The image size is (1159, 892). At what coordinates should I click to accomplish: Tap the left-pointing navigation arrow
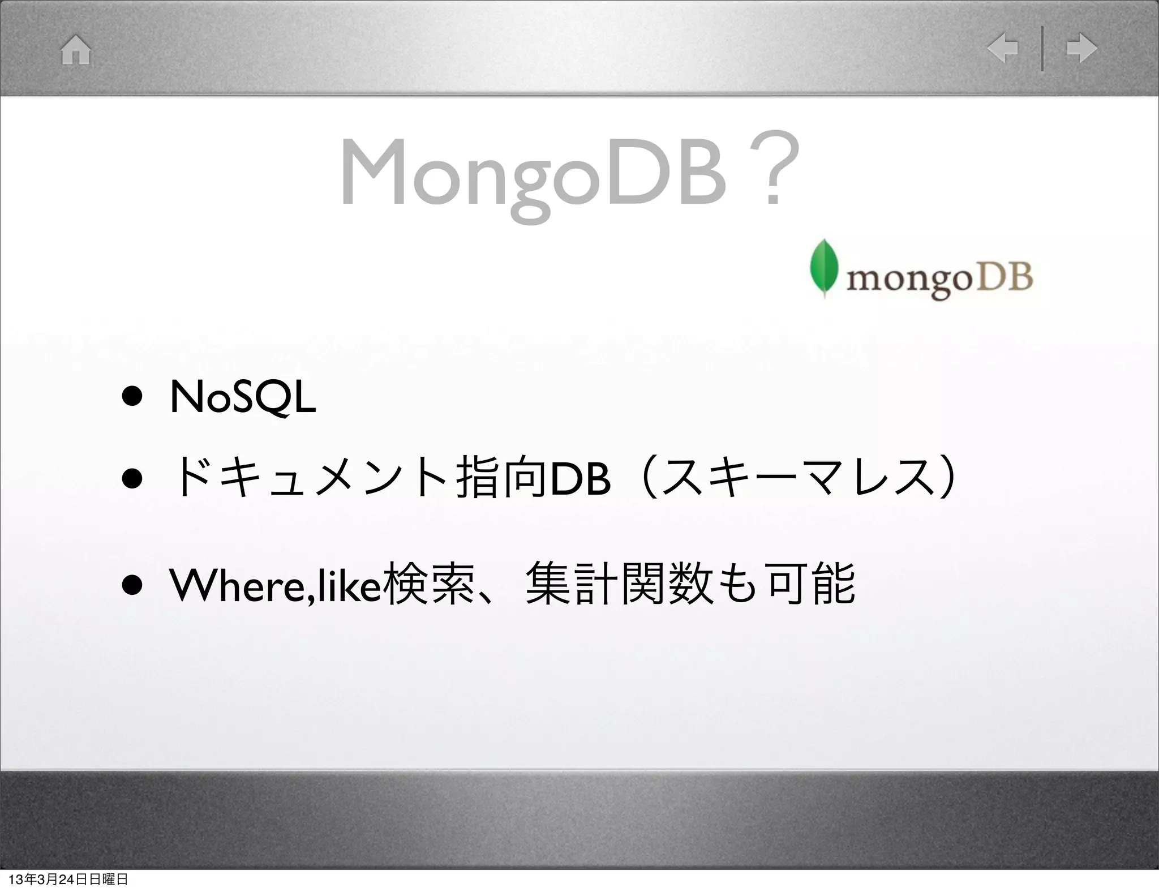pos(1002,49)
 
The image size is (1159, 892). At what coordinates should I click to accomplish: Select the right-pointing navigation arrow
pos(1081,49)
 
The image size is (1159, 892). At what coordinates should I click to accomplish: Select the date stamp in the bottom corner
pos(65,880)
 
